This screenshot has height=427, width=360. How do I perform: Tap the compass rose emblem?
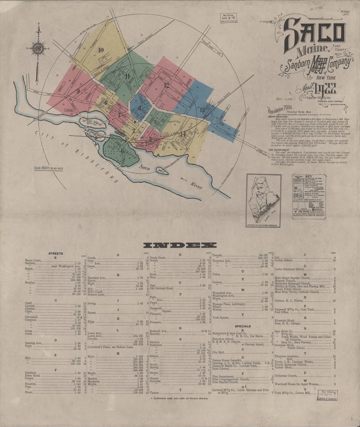click(x=38, y=47)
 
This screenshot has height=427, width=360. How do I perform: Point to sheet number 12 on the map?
click(x=166, y=85)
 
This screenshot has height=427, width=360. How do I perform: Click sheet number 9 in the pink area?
click(x=77, y=91)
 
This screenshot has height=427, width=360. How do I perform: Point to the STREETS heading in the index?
click(x=56, y=253)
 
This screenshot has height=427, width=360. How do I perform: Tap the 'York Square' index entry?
click(x=220, y=317)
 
